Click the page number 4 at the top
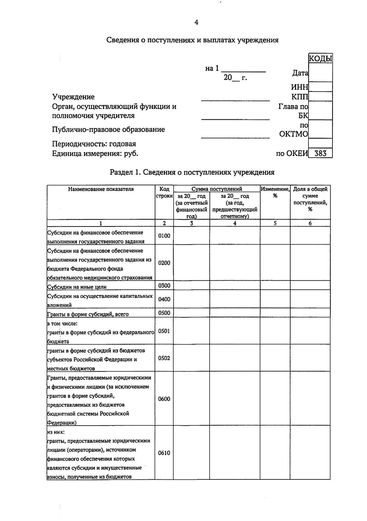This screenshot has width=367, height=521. coord(196,22)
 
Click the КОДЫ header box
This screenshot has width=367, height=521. coord(320,58)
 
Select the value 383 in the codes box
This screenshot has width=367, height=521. coord(320,153)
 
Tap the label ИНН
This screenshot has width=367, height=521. coord(299,87)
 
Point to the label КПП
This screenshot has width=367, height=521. coord(300,97)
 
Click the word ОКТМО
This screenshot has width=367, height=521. coord(294,134)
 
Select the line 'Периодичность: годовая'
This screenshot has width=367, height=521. coord(94,144)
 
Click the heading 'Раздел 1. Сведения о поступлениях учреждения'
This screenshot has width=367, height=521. coord(192,172)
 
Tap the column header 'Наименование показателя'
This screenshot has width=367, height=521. coord(101,189)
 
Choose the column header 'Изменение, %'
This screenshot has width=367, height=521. coord(275,192)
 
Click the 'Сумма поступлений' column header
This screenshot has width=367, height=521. coord(217,189)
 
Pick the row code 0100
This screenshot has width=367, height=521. coord(164,236)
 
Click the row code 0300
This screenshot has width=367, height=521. coord(164,286)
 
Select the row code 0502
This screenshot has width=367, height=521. coord(164,358)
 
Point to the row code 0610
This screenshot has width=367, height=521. coord(164,453)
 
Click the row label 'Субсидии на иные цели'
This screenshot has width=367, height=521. coord(77,287)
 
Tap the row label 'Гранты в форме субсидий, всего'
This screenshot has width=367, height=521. coord(88,314)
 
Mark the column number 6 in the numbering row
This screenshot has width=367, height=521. coord(310,223)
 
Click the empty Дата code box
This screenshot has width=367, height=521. coord(320,73)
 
